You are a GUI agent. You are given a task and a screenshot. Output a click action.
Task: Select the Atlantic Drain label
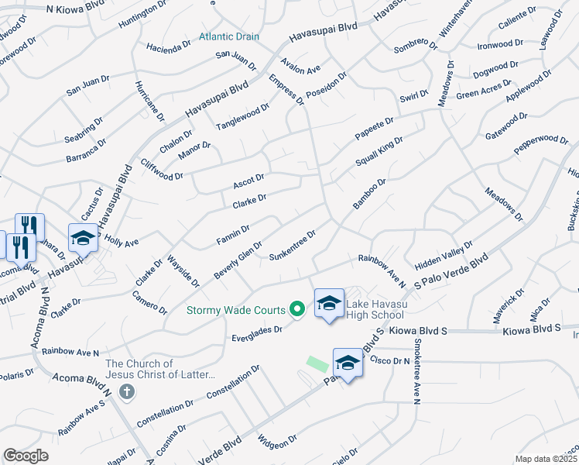pos(229,36)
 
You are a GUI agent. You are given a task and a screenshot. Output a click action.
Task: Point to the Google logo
pos(26,456)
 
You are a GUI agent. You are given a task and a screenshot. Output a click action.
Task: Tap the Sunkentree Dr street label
pos(293,245)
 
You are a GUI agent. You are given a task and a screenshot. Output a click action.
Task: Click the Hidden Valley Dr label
pos(443,255)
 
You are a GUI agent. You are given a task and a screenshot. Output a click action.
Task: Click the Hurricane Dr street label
pos(149,102)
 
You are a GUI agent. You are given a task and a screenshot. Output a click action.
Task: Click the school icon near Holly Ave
pos(83,239)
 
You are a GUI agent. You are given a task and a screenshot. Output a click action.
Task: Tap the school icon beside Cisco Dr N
pos(348,363)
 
